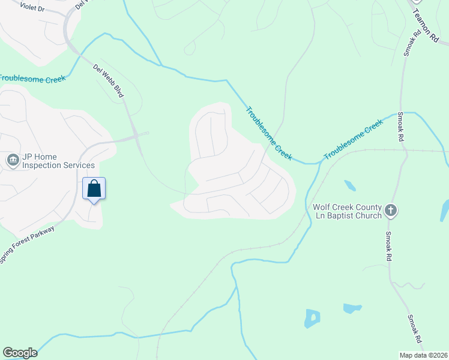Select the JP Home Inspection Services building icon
pos(13,160)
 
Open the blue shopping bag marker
pos(94,188)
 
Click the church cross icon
pos(391,211)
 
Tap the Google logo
pos(20,352)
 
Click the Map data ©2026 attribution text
pos(423,355)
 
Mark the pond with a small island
pos(312,318)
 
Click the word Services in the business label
pos(79,165)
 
